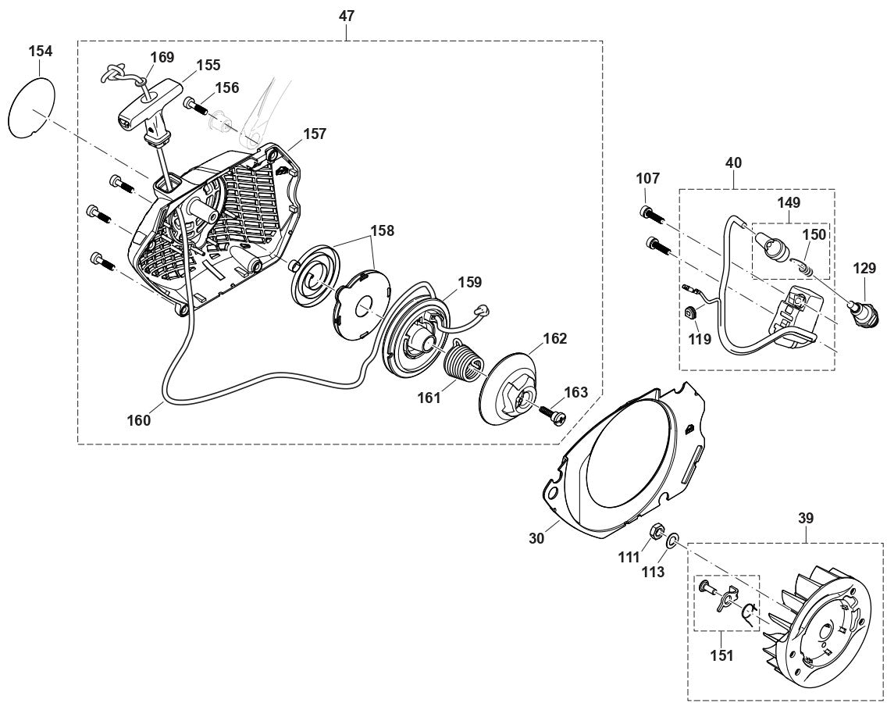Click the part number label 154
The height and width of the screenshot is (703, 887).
[41, 52]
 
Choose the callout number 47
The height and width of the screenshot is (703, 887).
[347, 16]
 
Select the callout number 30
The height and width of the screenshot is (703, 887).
[536, 538]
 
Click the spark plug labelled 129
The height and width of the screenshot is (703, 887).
[863, 312]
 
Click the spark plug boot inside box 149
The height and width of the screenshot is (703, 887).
[774, 242]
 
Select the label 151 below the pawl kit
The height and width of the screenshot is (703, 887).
[722, 656]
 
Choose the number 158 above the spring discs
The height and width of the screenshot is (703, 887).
[383, 231]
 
